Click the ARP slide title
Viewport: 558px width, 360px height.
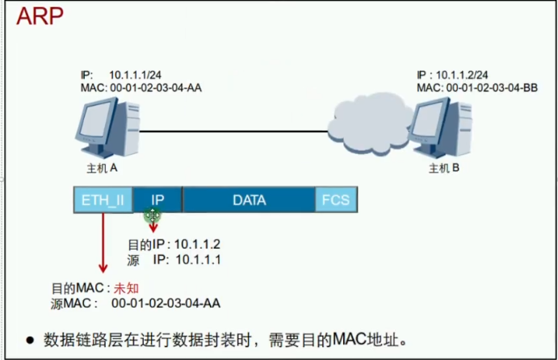tap(39, 17)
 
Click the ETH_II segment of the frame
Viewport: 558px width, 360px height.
tap(103, 199)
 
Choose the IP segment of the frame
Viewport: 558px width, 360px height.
tap(158, 199)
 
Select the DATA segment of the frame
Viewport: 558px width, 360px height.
tap(249, 199)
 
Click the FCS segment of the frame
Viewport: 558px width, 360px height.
tap(335, 199)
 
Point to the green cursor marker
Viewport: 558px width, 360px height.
tap(153, 214)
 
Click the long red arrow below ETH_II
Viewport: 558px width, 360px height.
tap(103, 242)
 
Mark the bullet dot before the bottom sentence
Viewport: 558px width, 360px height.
tap(30, 340)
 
